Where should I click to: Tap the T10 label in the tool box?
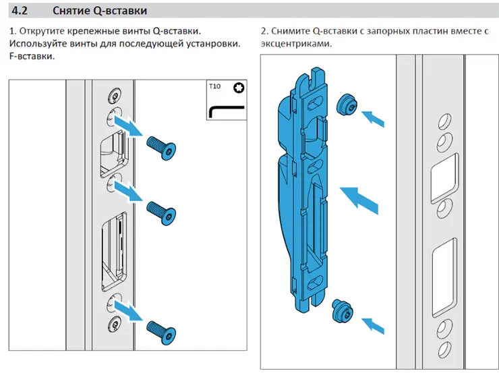coord(214,87)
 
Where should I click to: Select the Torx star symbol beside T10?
coord(238,88)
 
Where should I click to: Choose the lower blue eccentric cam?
coord(342,310)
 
